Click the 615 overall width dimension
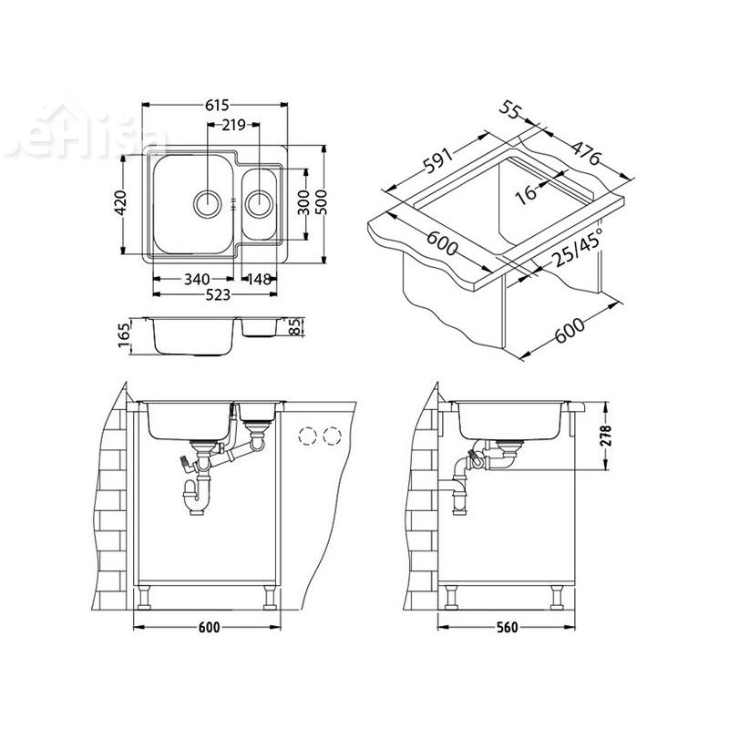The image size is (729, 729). pos(216,106)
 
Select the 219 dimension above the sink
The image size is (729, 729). pos(234,125)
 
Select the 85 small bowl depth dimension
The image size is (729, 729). pos(293,327)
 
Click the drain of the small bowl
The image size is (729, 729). pos(258,200)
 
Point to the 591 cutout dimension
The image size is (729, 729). pos(437,161)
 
